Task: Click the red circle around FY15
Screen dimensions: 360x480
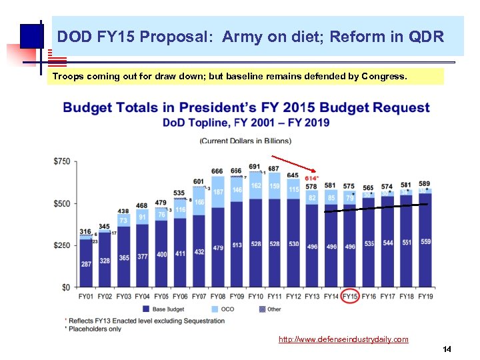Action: pos(349,296)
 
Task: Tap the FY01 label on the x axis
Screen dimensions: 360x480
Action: pos(85,296)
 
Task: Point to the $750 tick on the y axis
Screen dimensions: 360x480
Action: pos(62,162)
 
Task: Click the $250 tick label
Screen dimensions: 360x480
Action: pos(62,246)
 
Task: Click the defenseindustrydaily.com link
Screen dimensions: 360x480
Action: pos(343,339)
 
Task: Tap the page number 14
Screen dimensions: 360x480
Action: pos(447,349)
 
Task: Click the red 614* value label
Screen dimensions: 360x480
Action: pos(311,178)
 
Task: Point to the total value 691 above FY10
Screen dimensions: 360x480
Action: pos(255,167)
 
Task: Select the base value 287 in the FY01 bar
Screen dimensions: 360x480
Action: pos(85,264)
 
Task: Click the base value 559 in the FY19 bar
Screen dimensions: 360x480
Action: pos(425,241)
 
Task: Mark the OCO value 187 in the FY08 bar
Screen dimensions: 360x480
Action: pos(217,192)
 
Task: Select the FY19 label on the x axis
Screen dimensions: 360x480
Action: pos(425,296)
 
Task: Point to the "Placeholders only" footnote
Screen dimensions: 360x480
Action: pos(95,329)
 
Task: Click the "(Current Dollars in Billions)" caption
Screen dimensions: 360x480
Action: pos(245,141)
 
